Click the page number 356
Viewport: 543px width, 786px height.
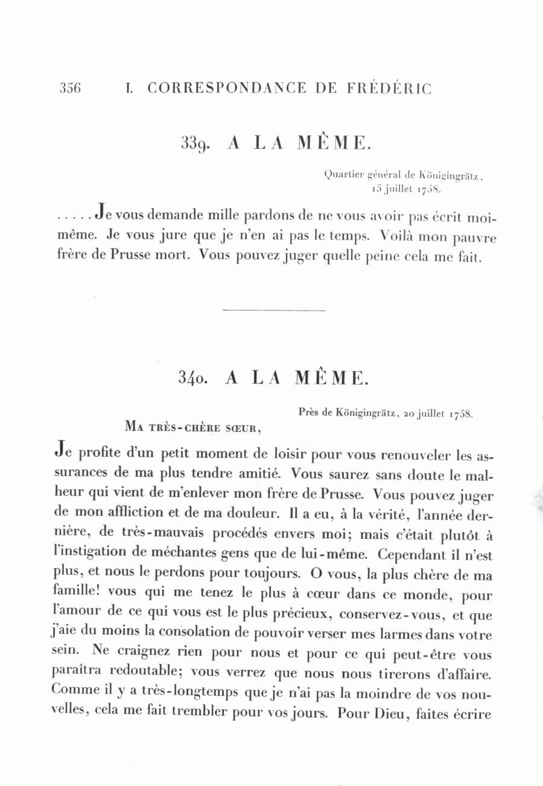coord(70,88)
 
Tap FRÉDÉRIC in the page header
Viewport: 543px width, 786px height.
coord(390,88)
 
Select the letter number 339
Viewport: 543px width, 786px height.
coord(194,144)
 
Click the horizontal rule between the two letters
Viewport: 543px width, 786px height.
coord(274,311)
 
